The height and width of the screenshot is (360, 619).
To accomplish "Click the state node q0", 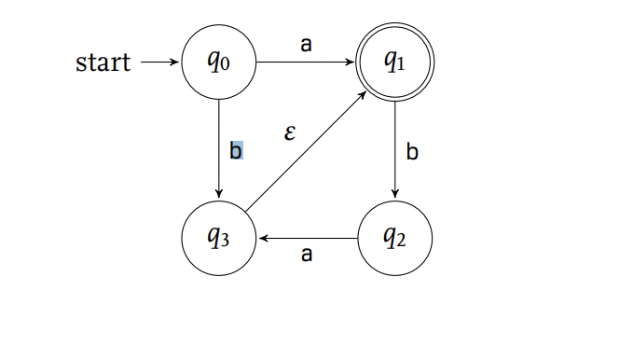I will click(218, 62).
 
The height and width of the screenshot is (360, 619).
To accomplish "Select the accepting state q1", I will click(395, 62).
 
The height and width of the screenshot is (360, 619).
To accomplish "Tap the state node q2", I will click(395, 240).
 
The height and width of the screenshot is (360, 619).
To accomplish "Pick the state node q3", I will click(218, 240).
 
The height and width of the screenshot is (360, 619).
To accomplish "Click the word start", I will click(103, 63).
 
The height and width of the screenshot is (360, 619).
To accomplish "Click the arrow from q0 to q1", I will click(306, 63).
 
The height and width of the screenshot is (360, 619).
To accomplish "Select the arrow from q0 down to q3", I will click(218, 149).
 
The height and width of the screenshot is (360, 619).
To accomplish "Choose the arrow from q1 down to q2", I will click(395, 149).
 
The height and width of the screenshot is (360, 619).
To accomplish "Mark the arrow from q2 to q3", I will click(308, 240).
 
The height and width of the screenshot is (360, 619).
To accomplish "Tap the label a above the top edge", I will click(306, 44).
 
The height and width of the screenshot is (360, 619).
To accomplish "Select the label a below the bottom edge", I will click(306, 255).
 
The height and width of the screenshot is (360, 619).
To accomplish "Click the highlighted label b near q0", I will click(236, 149).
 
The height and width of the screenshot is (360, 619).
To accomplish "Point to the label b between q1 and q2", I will click(412, 150).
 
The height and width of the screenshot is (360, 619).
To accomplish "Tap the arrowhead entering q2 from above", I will click(395, 194).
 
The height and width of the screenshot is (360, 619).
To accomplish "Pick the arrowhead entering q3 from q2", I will click(264, 240).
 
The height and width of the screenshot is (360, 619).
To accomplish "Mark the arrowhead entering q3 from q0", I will click(218, 194).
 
